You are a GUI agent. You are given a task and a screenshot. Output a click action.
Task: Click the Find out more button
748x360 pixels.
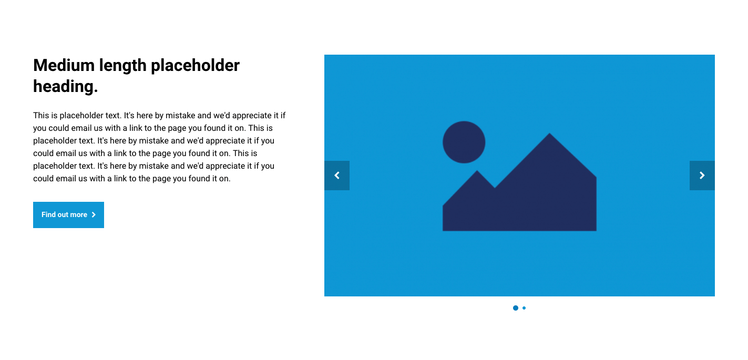68,215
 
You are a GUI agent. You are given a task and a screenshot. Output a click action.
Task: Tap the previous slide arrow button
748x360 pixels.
337,176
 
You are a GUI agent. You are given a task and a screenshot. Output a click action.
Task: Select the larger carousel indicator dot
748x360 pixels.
516,308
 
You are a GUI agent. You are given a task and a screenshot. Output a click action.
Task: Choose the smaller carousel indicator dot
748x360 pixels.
524,308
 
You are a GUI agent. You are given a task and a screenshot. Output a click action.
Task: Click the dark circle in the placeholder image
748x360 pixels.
464,142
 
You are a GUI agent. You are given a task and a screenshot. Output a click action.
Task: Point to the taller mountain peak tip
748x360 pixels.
550,133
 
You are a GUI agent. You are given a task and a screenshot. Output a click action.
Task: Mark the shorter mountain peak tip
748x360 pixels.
477,171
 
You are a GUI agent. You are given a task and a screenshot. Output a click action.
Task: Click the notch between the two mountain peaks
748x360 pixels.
495,188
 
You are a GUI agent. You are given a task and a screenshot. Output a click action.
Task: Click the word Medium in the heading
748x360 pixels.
64,65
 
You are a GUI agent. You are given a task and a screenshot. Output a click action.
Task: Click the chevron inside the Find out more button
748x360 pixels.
94,215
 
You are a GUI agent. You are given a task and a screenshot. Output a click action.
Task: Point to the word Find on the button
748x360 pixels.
48,215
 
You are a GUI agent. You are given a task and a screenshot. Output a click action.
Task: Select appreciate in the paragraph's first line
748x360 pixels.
252,116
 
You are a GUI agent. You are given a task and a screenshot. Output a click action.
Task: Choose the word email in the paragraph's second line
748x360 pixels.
82,128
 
